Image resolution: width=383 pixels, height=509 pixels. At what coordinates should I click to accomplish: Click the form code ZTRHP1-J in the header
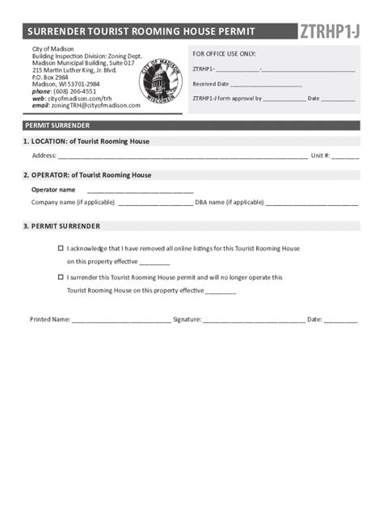tap(329, 32)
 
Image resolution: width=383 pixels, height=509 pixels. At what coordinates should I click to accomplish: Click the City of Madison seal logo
tap(160, 82)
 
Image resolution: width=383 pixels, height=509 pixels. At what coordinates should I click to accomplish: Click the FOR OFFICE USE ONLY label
tap(224, 53)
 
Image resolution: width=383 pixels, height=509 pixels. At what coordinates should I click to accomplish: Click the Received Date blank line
tap(266, 85)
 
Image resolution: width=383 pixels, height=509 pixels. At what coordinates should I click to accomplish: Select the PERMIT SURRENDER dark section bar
tap(191, 126)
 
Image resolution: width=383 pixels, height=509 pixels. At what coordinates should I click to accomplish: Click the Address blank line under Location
tap(183, 157)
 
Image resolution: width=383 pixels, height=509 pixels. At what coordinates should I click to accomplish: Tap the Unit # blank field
tap(345, 157)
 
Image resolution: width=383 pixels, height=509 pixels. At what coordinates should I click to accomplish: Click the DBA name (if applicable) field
tap(311, 204)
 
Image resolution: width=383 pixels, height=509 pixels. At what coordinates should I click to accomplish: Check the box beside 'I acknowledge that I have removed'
tap(61, 249)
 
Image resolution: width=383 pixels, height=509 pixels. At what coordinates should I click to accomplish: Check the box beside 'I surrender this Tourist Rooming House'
tap(61, 277)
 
